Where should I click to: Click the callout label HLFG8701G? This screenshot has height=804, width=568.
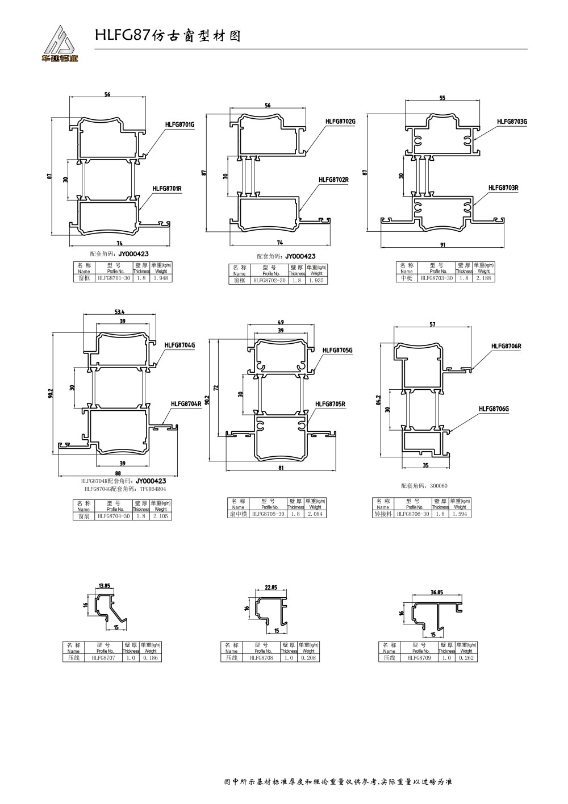[x=180, y=124]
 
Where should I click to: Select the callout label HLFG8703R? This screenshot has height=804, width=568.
[x=504, y=188]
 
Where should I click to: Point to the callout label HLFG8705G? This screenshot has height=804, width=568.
[x=337, y=351]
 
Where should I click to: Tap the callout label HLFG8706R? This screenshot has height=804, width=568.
[x=506, y=346]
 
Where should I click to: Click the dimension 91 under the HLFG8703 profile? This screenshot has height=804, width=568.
[x=443, y=245]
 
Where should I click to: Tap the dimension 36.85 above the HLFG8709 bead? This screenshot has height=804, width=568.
[x=436, y=592]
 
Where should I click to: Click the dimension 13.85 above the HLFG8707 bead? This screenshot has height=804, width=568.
[x=104, y=585]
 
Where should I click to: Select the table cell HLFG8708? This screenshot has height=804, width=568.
[x=261, y=658]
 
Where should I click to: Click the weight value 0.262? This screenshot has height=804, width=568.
[x=466, y=658]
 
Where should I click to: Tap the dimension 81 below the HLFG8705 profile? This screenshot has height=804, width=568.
[x=281, y=468]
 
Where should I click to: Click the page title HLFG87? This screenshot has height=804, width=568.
[x=122, y=35]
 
